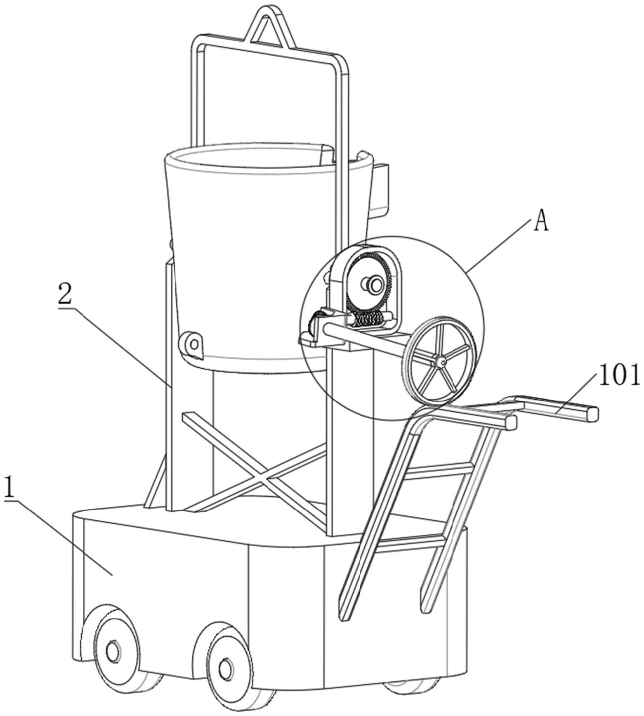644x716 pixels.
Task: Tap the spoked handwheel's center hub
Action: [442, 362]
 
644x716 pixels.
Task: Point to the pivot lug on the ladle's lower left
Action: [191, 341]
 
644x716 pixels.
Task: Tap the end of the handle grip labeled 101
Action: [592, 413]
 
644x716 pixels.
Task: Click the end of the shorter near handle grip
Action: [511, 422]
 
